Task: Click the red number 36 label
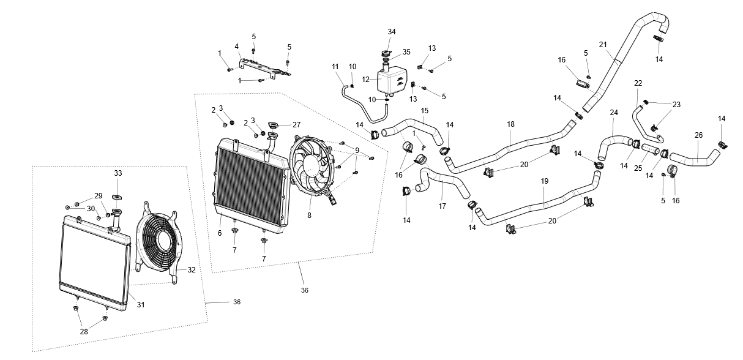pos(304,290)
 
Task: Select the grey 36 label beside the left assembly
pos(237,302)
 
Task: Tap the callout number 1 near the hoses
pos(414,132)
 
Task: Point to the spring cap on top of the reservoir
pos(386,59)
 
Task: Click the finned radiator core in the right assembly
pos(251,187)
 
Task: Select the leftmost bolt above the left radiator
pos(72,204)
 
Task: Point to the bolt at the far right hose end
pos(720,146)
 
